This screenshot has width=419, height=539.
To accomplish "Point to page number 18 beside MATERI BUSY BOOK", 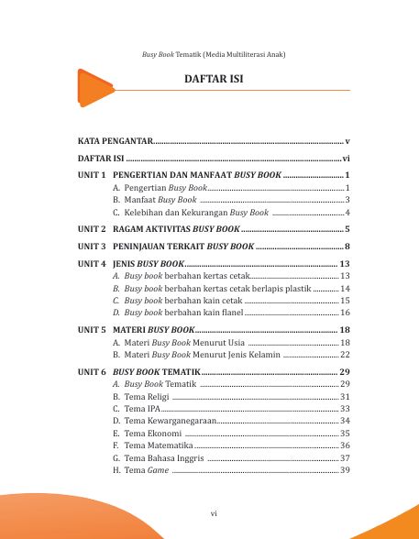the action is [x=345, y=329].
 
